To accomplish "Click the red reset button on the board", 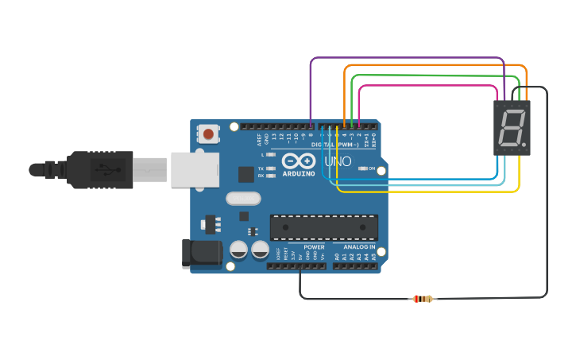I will click(x=208, y=134).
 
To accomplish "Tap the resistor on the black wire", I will click(x=423, y=299).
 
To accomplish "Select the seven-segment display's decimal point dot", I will click(x=524, y=145).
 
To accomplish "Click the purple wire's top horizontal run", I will click(x=405, y=58).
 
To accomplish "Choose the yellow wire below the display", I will click(x=429, y=192).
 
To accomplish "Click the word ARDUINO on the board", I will click(x=298, y=173).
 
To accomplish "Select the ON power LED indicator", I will click(x=362, y=168).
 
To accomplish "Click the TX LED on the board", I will click(x=272, y=168).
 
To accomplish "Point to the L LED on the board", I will click(x=272, y=155).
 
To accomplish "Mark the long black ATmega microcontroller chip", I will click(x=323, y=226).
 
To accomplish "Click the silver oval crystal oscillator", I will click(x=243, y=199).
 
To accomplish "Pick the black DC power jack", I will click(x=201, y=253).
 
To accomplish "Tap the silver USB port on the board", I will click(x=195, y=170).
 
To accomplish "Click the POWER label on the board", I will click(x=314, y=247).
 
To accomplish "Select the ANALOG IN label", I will click(x=360, y=247).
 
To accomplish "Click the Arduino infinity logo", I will click(x=298, y=160).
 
